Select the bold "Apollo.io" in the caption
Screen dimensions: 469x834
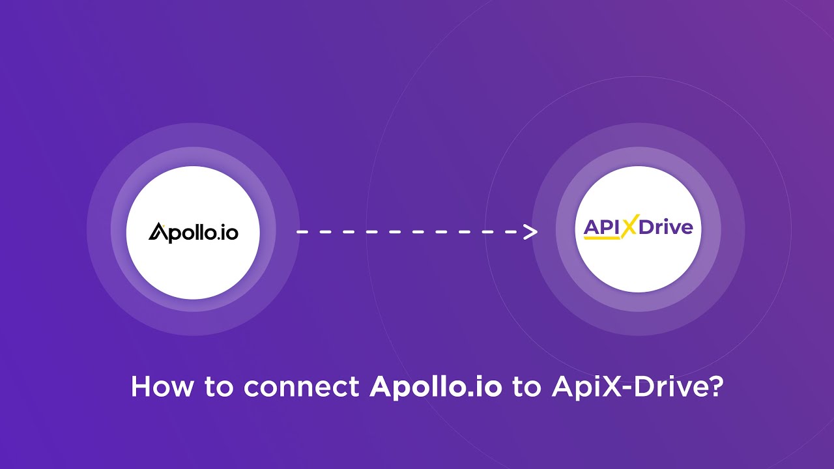436,387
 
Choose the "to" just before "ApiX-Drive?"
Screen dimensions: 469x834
526,387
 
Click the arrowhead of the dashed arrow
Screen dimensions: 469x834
531,231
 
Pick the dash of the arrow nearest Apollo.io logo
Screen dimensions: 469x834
302,231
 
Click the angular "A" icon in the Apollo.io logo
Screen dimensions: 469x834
158,231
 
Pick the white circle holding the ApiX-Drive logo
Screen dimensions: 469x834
639,274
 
